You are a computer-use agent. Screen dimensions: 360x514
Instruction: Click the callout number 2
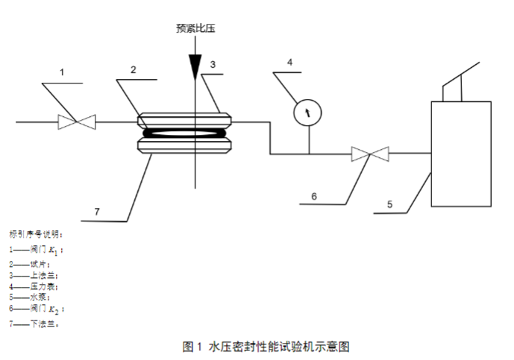(x=133, y=70)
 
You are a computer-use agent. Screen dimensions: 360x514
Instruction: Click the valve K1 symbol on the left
(x=77, y=121)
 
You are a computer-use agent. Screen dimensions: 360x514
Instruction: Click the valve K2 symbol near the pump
(x=371, y=154)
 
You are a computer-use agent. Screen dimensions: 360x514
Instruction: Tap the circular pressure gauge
(x=307, y=113)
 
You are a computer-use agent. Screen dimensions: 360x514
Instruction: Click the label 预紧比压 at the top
(x=194, y=29)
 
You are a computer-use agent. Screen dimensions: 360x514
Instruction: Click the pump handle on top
(x=460, y=82)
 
